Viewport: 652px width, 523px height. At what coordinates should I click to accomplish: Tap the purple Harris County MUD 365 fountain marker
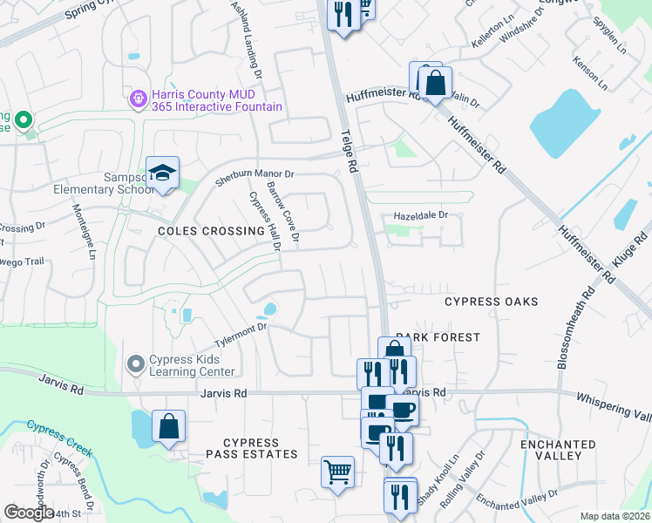point(137,100)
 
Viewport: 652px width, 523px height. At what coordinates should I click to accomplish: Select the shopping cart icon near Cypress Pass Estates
point(337,472)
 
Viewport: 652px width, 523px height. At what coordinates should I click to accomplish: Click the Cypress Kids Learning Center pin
point(134,363)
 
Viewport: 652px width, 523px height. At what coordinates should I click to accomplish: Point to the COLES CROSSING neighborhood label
point(210,232)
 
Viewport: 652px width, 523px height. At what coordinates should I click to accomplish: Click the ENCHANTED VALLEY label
point(563,450)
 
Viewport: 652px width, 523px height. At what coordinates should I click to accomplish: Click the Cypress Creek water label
point(59,438)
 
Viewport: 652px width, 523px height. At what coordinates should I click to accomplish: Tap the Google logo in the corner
point(29,513)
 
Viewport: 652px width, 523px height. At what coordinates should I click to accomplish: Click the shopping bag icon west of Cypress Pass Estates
point(169,427)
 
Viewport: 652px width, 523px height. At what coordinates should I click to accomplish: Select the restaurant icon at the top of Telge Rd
point(343,15)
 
